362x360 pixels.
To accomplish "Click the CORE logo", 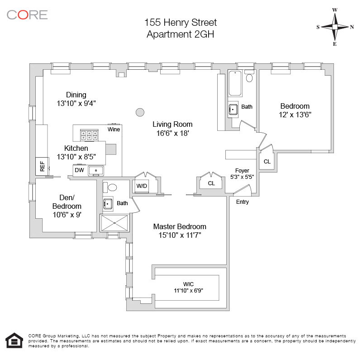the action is pyautogui.click(x=27, y=15).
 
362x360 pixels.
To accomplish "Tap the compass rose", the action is pyautogui.click(x=335, y=27).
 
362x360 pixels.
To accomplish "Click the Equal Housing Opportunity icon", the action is pyautogui.click(x=14, y=340).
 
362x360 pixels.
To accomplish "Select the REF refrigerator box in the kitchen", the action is pyautogui.click(x=42, y=166).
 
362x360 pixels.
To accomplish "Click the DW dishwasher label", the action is pyautogui.click(x=79, y=170).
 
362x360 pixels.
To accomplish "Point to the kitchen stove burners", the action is pyautogui.click(x=89, y=135).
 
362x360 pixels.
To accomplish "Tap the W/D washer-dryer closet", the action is pyautogui.click(x=142, y=186).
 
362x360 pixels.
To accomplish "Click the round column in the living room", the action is pyautogui.click(x=140, y=113).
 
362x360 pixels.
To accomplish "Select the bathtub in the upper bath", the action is pyautogui.click(x=235, y=83).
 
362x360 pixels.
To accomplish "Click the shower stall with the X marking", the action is pyautogui.click(x=114, y=223).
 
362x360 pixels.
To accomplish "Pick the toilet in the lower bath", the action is pyautogui.click(x=110, y=187).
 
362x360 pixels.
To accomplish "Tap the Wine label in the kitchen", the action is pyautogui.click(x=114, y=130).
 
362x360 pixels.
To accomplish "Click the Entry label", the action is pyautogui.click(x=243, y=202).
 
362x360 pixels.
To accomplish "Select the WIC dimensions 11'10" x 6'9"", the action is pyautogui.click(x=188, y=290).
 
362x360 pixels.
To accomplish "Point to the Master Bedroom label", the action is pyautogui.click(x=180, y=226).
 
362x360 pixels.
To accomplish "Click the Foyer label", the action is pyautogui.click(x=242, y=171).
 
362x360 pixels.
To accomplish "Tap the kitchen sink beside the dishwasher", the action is pyautogui.click(x=96, y=171).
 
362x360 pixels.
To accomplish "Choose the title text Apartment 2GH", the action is pyautogui.click(x=180, y=34).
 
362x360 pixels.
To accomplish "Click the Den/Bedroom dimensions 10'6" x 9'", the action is pyautogui.click(x=67, y=215).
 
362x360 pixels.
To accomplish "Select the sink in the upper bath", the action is pyautogui.click(x=233, y=109).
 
